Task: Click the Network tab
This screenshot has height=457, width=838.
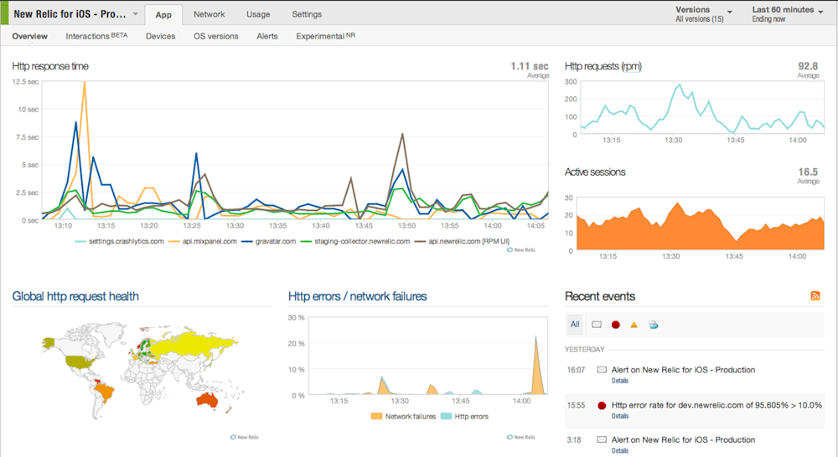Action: (x=209, y=14)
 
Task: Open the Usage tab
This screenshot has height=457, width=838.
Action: (x=258, y=14)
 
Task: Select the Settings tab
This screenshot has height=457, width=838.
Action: (x=307, y=14)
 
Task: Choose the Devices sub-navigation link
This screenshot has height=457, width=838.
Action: (x=160, y=36)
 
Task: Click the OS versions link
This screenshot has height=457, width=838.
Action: (x=215, y=36)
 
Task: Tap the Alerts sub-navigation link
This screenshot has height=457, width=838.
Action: (x=267, y=36)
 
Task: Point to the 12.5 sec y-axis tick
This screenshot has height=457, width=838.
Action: (x=25, y=81)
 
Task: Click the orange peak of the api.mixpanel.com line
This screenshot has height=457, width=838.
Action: (x=84, y=83)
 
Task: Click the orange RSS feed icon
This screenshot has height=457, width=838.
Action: (x=815, y=296)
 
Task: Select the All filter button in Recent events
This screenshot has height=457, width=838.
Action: (x=575, y=324)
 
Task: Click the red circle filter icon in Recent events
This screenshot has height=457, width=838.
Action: (x=615, y=324)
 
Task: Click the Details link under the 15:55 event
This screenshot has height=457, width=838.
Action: (x=619, y=416)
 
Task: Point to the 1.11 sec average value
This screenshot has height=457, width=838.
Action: (x=530, y=65)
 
